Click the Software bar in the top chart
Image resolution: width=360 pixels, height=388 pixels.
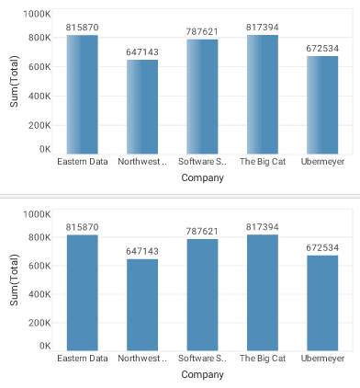[x=202, y=97]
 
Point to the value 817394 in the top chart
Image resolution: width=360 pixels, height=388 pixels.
[x=263, y=27]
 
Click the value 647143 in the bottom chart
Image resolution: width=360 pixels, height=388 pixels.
[x=142, y=251]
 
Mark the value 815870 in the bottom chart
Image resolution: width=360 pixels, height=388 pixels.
[x=83, y=227]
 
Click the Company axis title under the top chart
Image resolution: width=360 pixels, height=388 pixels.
[x=202, y=178]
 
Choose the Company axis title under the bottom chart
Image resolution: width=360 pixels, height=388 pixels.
[x=202, y=375]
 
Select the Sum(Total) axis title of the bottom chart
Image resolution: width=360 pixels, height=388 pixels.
[x=14, y=281]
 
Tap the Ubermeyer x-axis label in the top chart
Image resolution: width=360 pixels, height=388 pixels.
[x=322, y=162]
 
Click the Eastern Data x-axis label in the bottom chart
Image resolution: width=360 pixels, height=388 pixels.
[x=83, y=359]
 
